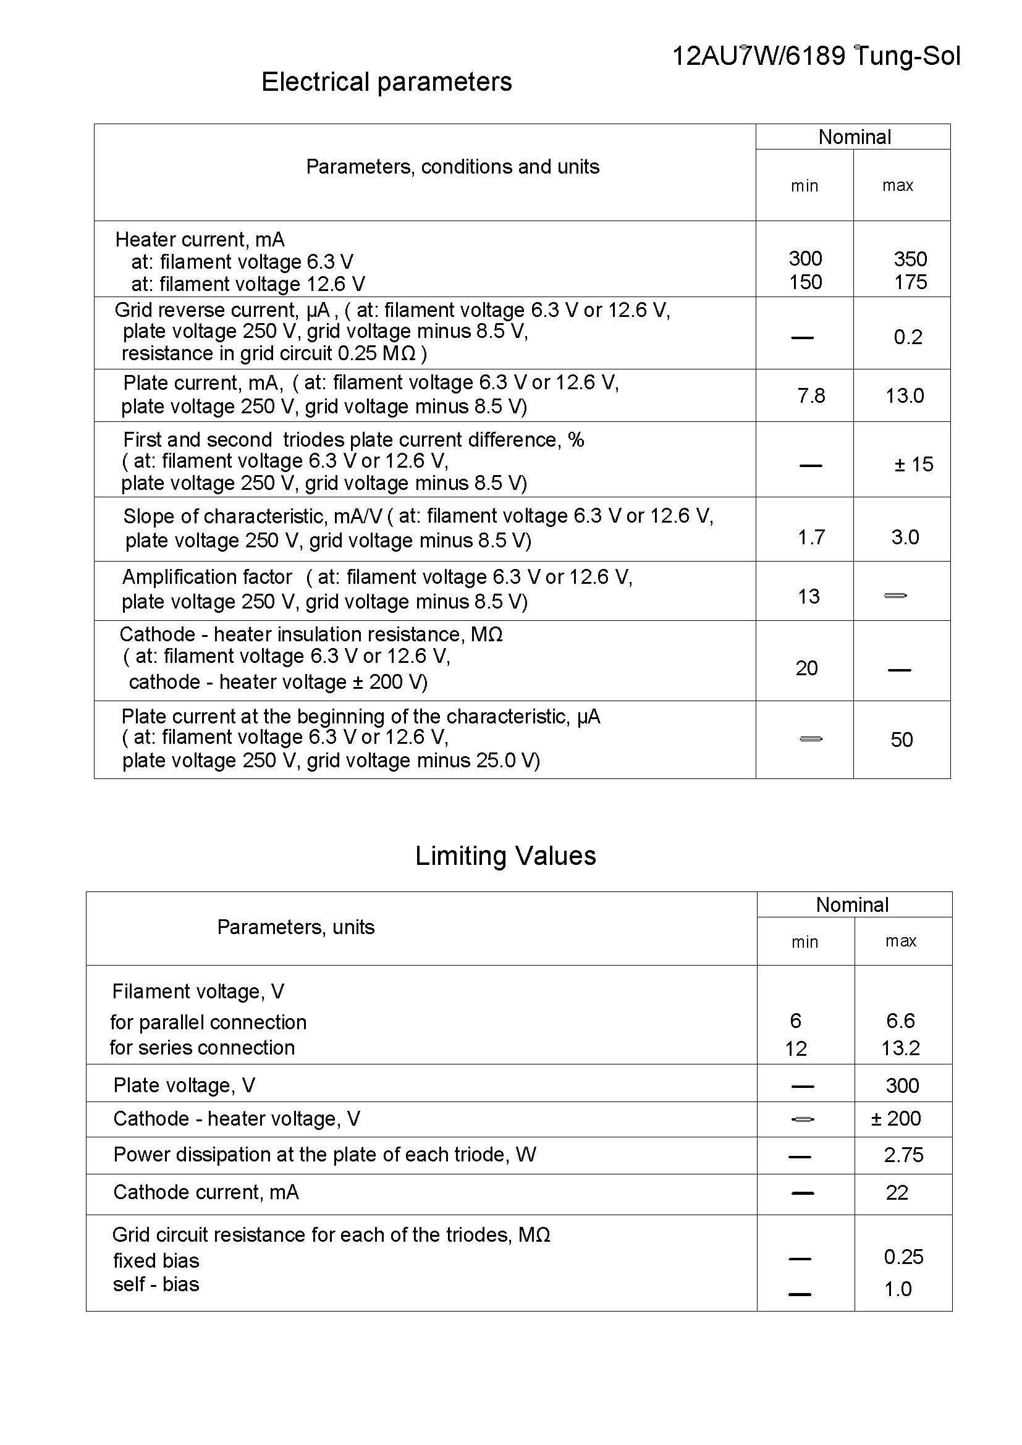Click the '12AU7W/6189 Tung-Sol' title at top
[x=816, y=57]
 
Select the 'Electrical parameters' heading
[x=386, y=82]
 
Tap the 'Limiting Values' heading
[x=505, y=856]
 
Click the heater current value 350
[x=910, y=259]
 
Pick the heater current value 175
[x=910, y=282]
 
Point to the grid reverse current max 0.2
[x=908, y=337]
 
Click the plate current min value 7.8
[x=811, y=396]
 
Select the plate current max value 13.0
[x=905, y=396]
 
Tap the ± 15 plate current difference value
[x=914, y=465]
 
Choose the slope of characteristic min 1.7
[x=811, y=537]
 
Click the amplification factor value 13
[x=809, y=596]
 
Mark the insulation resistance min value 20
[x=806, y=668]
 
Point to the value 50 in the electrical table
[x=901, y=739]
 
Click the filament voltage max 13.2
[x=900, y=1048]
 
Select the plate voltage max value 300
[x=902, y=1085]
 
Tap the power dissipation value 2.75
[x=903, y=1155]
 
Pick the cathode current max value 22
[x=897, y=1192]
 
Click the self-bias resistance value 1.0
[x=897, y=1289]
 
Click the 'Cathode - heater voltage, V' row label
[x=237, y=1118]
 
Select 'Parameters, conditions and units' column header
[x=452, y=167]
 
